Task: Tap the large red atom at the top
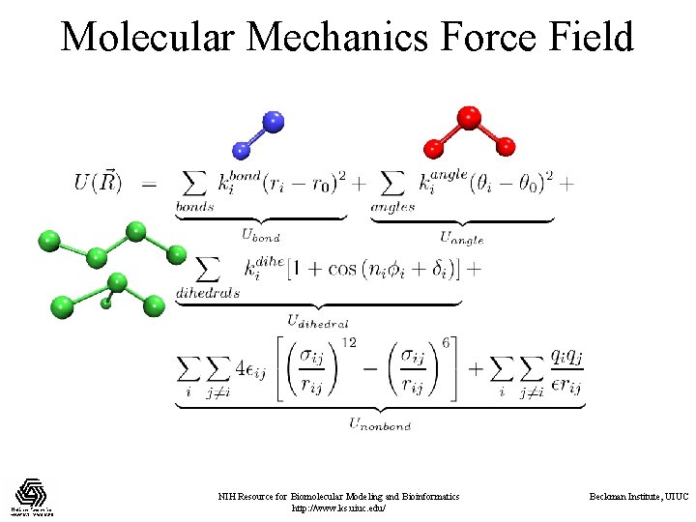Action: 469,118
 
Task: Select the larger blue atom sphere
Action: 273,122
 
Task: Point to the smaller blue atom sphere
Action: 242,149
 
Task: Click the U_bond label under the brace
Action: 260,235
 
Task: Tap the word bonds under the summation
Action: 194,206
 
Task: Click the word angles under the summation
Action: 392,206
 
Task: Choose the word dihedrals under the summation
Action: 208,293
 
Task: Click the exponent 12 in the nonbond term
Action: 351,342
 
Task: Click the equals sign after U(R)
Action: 149,184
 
